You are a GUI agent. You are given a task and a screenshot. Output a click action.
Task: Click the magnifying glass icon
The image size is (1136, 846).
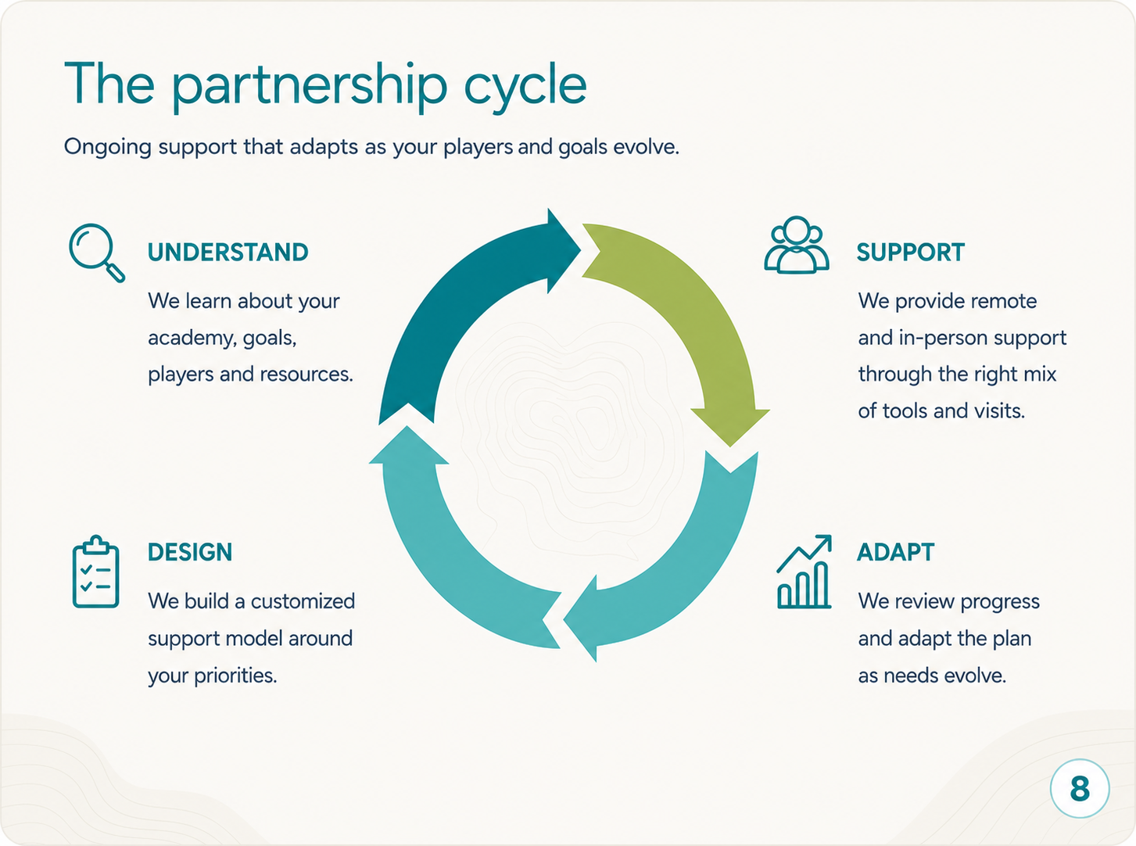click(96, 252)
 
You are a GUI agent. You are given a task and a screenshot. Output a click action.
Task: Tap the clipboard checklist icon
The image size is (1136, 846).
click(96, 572)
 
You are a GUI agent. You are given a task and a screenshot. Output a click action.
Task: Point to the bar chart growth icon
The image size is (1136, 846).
click(804, 572)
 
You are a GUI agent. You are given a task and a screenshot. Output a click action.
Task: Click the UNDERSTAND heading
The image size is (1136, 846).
click(228, 252)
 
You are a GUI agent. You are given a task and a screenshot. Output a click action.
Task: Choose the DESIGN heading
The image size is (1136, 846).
click(190, 552)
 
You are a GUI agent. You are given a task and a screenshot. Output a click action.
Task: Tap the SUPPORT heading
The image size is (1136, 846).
click(911, 252)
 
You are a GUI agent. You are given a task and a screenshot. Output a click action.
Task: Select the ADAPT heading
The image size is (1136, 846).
click(896, 552)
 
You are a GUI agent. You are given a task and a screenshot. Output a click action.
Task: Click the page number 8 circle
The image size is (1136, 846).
click(1080, 788)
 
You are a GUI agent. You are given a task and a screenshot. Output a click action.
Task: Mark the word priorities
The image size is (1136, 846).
click(235, 676)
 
